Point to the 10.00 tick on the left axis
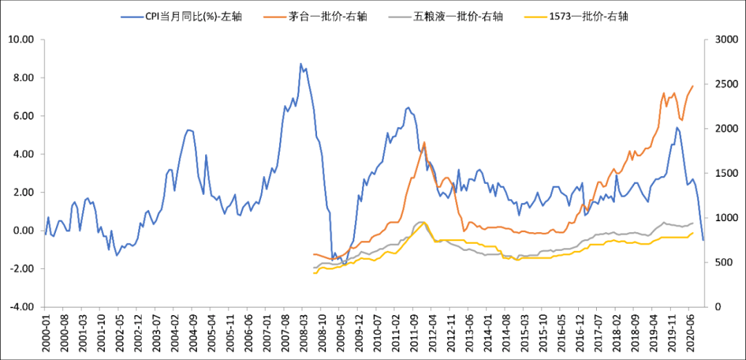[20, 40]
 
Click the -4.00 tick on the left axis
[20, 307]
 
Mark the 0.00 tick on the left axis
[21, 231]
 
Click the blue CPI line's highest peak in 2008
[300, 64]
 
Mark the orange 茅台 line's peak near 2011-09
[423, 142]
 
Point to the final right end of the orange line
[693, 86]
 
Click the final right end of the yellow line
[693, 233]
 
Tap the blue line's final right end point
[703, 240]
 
